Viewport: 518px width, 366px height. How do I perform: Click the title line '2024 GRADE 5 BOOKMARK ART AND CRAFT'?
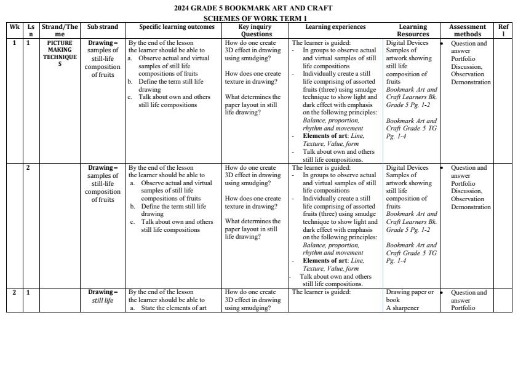pos(253,8)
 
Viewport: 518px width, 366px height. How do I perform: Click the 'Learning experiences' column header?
pos(335,27)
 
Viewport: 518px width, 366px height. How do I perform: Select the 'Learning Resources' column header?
pos(413,31)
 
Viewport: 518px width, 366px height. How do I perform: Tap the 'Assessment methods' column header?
pos(467,31)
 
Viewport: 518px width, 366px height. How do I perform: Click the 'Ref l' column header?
pos(503,31)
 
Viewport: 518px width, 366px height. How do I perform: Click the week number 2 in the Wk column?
pos(14,292)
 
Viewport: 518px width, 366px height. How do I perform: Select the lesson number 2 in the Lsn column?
pos(28,167)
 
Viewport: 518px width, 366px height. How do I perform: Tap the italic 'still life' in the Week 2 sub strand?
pos(103,300)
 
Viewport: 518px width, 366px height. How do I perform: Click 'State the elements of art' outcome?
pos(173,308)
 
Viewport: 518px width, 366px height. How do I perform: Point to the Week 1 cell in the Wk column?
pos(14,44)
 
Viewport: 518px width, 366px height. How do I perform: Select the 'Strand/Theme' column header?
pos(60,31)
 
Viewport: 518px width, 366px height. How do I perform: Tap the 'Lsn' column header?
pos(30,31)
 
